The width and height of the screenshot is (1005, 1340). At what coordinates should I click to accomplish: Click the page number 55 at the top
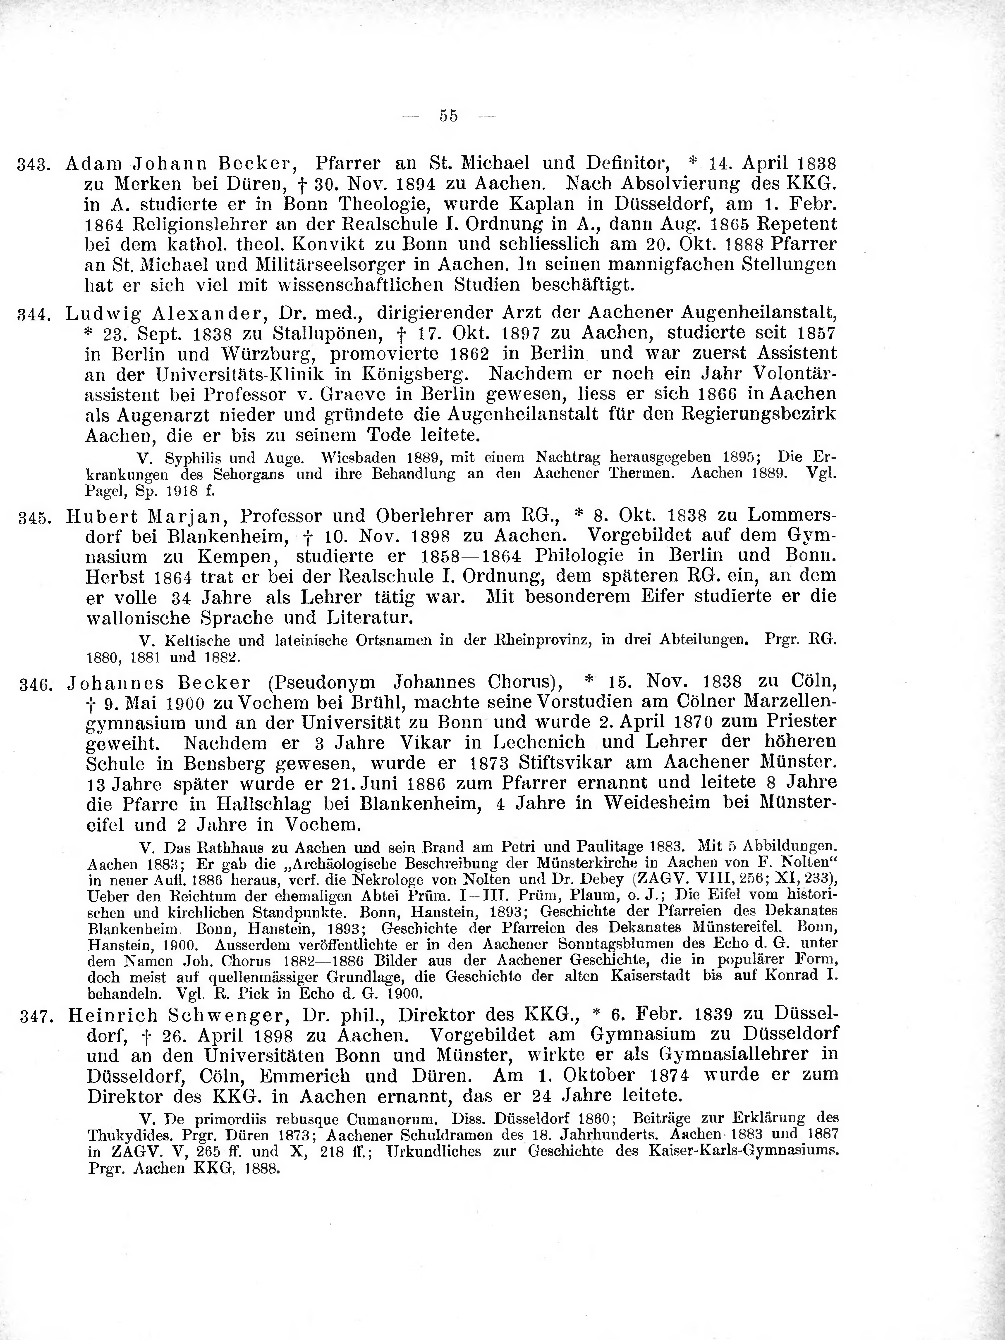click(x=449, y=115)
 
